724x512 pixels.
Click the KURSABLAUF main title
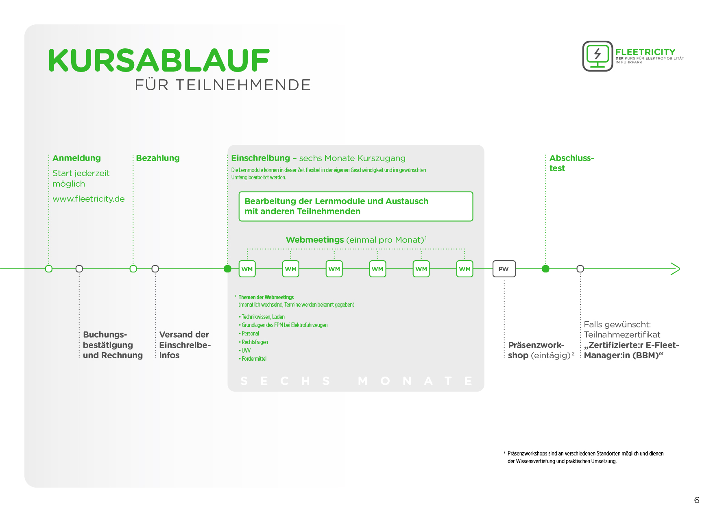159,61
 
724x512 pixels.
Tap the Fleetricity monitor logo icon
598,56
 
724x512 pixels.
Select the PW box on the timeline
504,269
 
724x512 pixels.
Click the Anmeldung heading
76,158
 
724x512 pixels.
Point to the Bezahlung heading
158,158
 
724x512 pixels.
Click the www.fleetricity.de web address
89,199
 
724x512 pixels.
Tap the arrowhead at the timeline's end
675,269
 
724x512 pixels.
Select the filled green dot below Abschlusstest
546,269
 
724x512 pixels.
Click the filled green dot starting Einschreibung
228,269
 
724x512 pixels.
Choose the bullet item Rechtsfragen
255,342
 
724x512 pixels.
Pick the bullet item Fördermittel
254,359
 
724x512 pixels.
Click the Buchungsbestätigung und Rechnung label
113,345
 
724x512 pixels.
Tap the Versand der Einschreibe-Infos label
185,345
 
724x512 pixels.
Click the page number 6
697,500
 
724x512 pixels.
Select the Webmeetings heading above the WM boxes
356,240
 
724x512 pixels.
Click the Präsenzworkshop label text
539,350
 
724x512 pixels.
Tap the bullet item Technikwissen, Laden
263,317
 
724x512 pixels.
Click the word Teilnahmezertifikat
622,335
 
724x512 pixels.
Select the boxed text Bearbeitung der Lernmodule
336,206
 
